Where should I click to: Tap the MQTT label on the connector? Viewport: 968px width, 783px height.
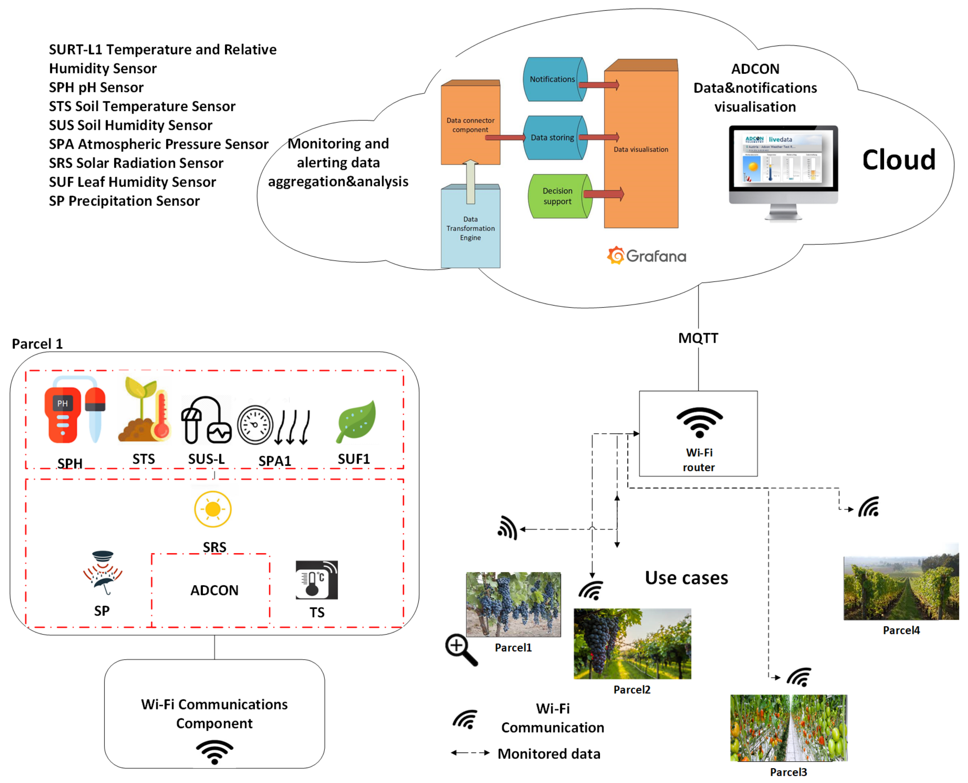[x=698, y=338]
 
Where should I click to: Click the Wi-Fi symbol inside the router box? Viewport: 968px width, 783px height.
[x=700, y=422]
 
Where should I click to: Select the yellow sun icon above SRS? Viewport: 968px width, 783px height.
[x=213, y=509]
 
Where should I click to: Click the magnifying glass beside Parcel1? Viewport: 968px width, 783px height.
[x=461, y=650]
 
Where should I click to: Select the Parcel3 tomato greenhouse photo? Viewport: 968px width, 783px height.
[x=789, y=728]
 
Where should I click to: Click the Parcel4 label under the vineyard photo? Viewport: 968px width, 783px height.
[x=901, y=630]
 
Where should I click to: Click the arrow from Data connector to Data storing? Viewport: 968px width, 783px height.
[x=505, y=137]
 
